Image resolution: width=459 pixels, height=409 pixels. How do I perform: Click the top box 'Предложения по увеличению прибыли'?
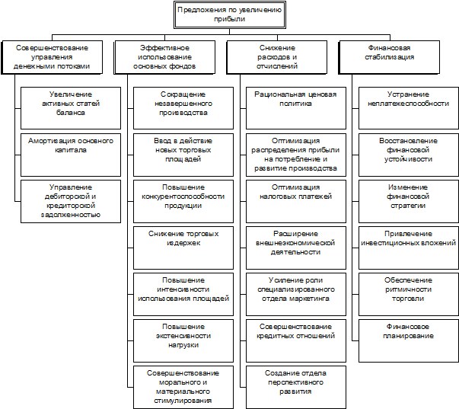(x=229, y=14)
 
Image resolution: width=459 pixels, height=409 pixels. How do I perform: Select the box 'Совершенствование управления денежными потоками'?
(x=56, y=57)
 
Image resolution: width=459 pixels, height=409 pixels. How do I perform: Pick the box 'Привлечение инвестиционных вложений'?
(x=408, y=238)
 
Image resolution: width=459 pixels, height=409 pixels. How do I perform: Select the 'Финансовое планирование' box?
(x=408, y=331)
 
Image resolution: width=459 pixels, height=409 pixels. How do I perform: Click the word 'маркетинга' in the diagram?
(x=316, y=299)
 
